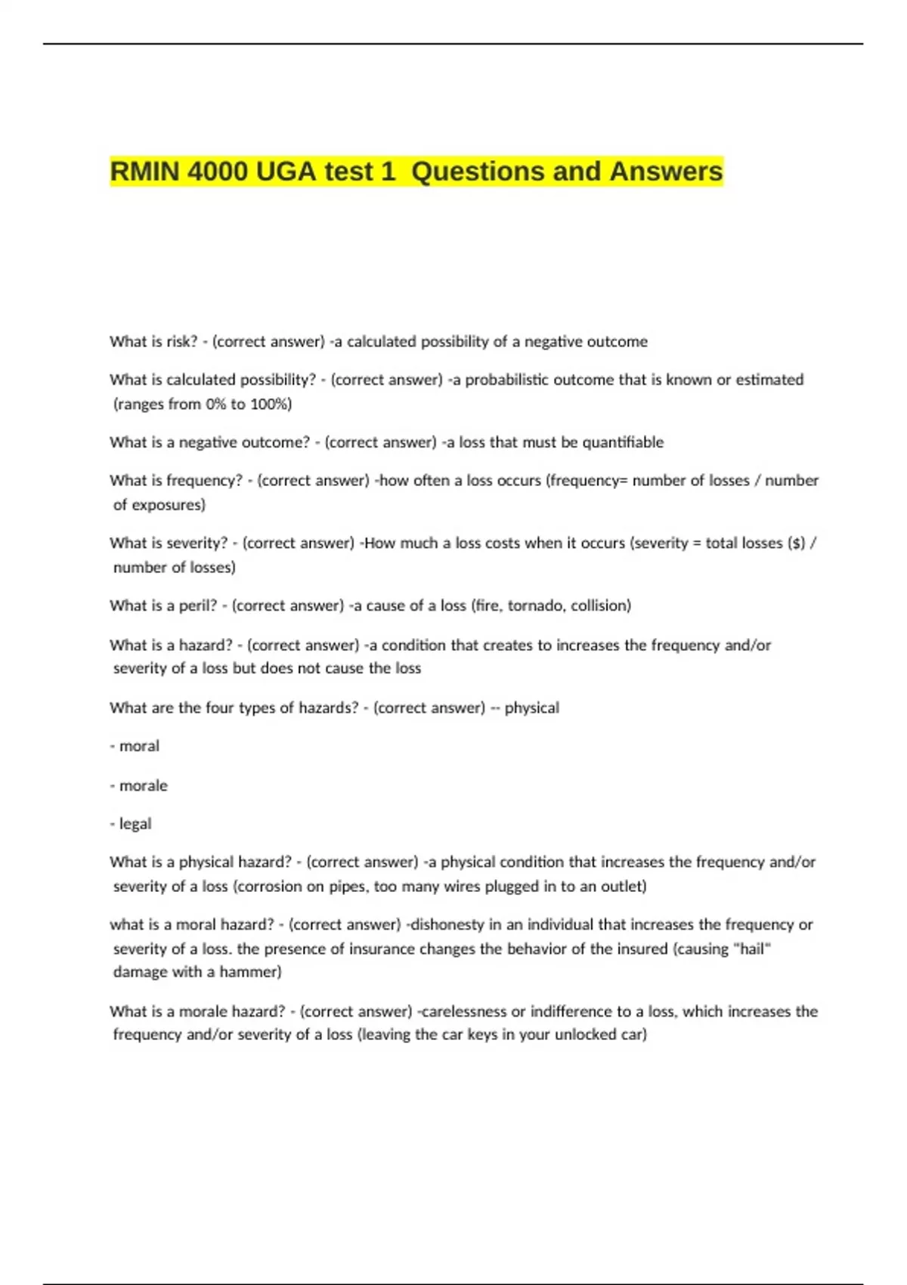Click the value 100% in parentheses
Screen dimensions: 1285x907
(x=270, y=404)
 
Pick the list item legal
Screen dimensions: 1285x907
(x=135, y=824)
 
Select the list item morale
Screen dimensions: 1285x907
(x=143, y=785)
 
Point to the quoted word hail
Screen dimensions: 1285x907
(x=752, y=949)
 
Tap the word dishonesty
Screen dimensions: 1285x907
(x=446, y=924)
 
